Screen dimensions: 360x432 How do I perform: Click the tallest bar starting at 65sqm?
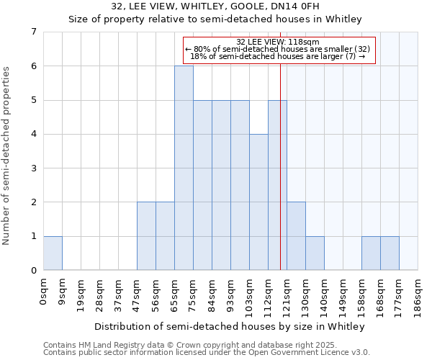coord(184,168)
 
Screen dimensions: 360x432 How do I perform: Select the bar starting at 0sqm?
coord(53,253)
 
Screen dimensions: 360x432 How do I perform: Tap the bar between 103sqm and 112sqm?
coord(258,202)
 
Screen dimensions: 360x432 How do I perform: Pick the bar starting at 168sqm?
coord(390,253)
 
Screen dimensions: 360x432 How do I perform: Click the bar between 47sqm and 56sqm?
coord(146,236)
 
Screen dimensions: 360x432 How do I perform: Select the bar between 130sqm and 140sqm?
coord(315,253)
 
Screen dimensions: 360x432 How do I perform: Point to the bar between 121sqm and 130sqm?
coord(296,236)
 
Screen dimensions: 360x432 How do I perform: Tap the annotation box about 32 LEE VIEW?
coord(280,50)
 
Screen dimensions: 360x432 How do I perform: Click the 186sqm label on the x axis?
coord(418,294)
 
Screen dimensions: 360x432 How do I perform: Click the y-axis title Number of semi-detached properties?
coord(7,156)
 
